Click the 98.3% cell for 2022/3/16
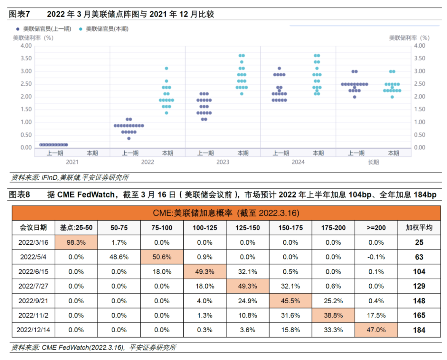click(76, 242)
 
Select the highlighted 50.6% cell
click(162, 257)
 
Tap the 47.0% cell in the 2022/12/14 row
click(376, 330)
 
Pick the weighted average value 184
click(419, 330)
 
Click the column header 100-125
click(205, 228)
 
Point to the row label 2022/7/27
click(33, 286)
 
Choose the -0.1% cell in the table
click(376, 257)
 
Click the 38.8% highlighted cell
click(333, 315)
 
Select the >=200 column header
click(376, 228)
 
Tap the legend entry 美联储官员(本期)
click(107, 29)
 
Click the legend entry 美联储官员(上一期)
click(47, 29)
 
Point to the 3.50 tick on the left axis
click(26, 58)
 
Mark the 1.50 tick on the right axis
click(420, 109)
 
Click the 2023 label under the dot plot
click(223, 162)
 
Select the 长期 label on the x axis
click(373, 162)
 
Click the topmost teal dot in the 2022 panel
click(166, 68)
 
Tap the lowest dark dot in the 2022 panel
click(129, 138)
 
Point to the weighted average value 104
click(419, 272)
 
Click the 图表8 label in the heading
click(19, 194)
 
